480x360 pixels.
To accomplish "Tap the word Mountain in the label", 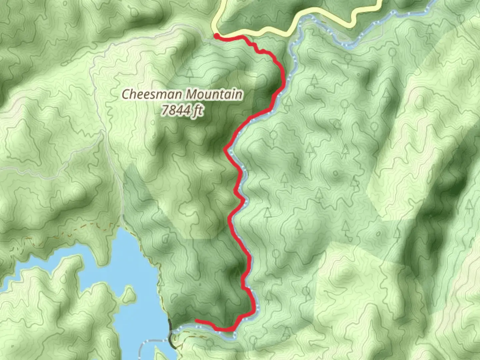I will (x=214, y=94).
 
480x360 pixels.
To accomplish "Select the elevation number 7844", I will (x=175, y=110).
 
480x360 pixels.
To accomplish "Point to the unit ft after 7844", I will (x=197, y=110).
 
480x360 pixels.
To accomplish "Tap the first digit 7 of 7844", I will (x=165, y=110).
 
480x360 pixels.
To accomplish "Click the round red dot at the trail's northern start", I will (x=216, y=36).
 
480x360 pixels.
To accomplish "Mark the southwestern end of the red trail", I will (x=196, y=321).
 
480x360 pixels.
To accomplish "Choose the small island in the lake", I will (x=128, y=295).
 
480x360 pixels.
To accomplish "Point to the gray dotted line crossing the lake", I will (x=147, y=343).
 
